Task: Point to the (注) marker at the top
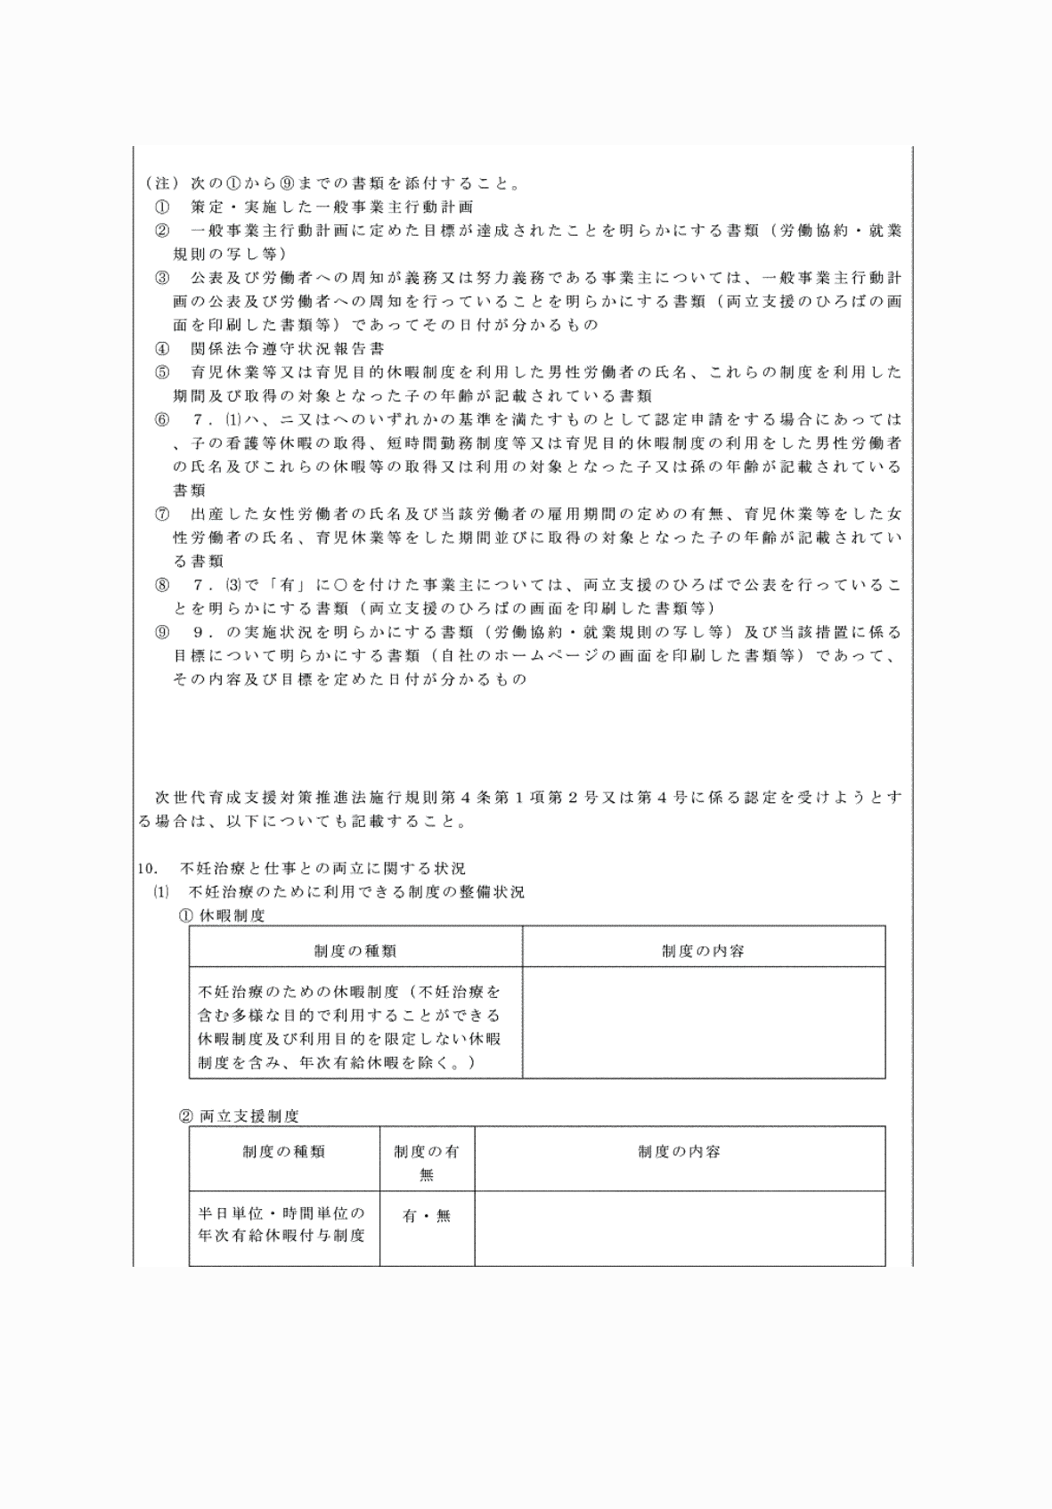pyautogui.click(x=159, y=184)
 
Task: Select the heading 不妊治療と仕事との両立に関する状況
pyautogui.click(x=322, y=868)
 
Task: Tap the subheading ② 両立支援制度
pyautogui.click(x=240, y=1116)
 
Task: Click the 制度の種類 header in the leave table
pyautogui.click(x=355, y=951)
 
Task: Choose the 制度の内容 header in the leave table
pyautogui.click(x=703, y=951)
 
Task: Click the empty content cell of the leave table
pyautogui.click(x=704, y=1022)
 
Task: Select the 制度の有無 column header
pyautogui.click(x=427, y=1162)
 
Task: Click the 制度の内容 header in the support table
pyautogui.click(x=679, y=1152)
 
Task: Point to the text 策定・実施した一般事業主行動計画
pyautogui.click(x=332, y=207)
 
